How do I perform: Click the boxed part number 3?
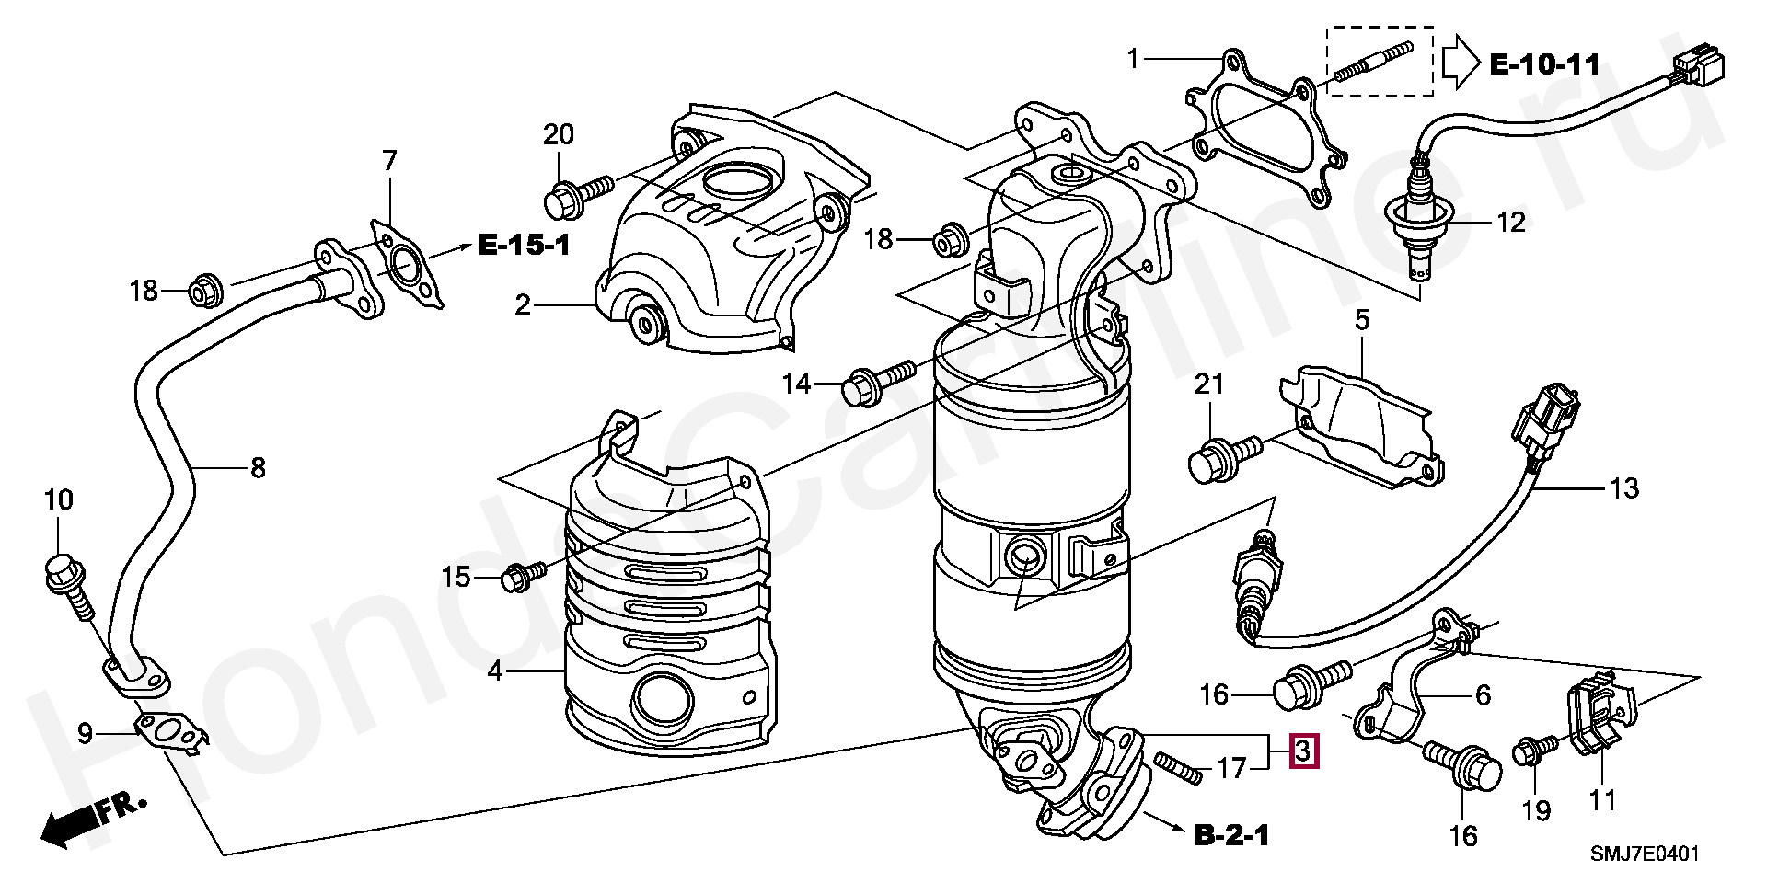[1304, 751]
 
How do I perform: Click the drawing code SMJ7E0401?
[1646, 854]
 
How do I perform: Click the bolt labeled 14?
[878, 379]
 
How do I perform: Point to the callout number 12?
[1511, 222]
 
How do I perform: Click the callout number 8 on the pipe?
[258, 467]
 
